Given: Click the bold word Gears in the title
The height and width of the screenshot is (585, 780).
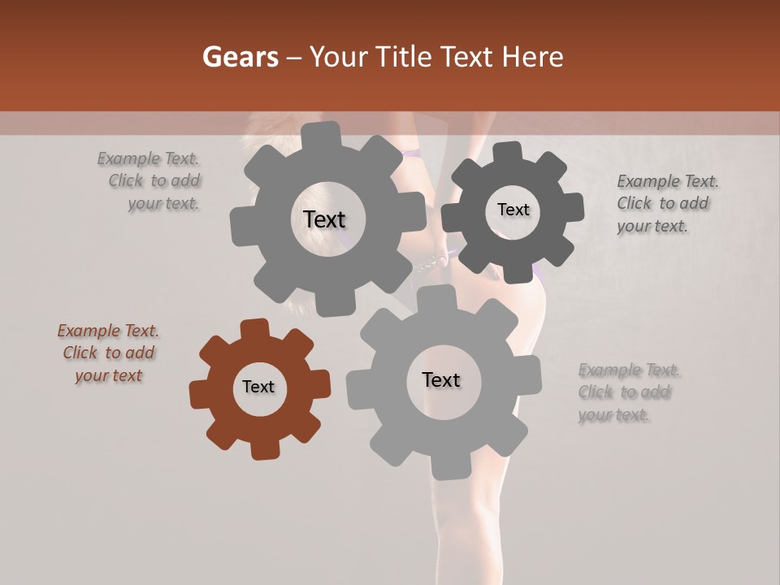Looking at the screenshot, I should [x=240, y=57].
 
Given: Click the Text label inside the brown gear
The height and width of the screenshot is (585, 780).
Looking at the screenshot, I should [x=258, y=387].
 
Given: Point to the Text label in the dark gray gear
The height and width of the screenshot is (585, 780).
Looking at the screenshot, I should [x=513, y=210].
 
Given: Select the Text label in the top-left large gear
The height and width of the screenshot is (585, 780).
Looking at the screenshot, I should [x=324, y=219].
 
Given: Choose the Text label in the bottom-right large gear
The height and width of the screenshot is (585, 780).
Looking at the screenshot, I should [x=441, y=379].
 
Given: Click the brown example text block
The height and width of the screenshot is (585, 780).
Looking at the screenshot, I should [x=108, y=353].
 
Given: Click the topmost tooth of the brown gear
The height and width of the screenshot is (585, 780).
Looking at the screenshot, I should [x=255, y=327].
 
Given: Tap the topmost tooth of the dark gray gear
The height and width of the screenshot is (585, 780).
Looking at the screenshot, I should [x=508, y=151].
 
